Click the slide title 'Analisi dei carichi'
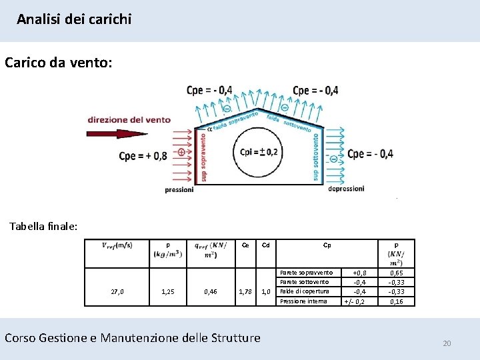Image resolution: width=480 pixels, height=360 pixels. click(74, 19)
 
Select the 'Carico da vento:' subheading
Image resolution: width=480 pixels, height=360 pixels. click(59, 63)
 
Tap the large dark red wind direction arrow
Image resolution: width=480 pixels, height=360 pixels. click(117, 133)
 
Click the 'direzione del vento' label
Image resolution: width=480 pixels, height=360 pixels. click(129, 120)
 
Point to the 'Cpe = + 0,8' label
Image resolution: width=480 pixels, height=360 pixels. click(143, 156)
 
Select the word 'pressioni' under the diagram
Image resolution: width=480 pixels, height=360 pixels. click(179, 189)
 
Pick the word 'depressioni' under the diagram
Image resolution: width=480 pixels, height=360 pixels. click(346, 189)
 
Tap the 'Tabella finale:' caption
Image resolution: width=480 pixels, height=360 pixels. click(43, 226)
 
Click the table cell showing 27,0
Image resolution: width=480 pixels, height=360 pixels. click(117, 291)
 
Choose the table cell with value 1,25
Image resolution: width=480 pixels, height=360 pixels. click(168, 291)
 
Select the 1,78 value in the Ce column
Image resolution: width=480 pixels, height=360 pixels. click(245, 291)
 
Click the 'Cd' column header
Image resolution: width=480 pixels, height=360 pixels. click(265, 245)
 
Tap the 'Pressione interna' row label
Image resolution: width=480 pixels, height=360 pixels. click(303, 301)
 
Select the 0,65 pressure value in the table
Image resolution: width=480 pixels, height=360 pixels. click(396, 273)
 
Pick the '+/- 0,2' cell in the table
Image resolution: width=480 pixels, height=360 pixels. click(354, 301)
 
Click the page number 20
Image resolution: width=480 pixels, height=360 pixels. click(447, 343)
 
